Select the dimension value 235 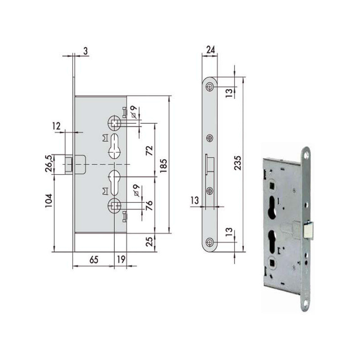tap(238, 163)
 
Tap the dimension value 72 tap(149, 151)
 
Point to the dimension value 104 tap(49, 201)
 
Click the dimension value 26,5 tap(49, 164)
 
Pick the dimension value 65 tap(94, 260)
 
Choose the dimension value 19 tap(121, 260)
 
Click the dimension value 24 tap(211, 49)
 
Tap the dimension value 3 tap(85, 51)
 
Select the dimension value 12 tap(56, 126)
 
